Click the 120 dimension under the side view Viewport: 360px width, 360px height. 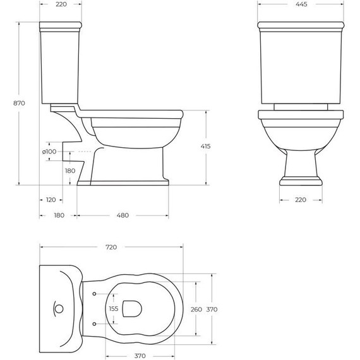(x=51, y=200)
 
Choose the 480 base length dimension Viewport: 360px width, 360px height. (x=123, y=215)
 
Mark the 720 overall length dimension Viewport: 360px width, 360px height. (x=111, y=248)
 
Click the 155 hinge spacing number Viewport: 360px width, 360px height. (x=113, y=309)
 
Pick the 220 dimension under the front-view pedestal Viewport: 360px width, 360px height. (x=300, y=200)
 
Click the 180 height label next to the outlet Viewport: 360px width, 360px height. (x=69, y=171)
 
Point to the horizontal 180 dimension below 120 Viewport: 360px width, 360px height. (x=59, y=215)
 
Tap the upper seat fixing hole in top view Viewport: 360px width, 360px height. (x=94, y=294)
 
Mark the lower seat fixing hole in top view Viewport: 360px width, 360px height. (x=94, y=324)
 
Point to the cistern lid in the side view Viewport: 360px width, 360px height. (x=60, y=27)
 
